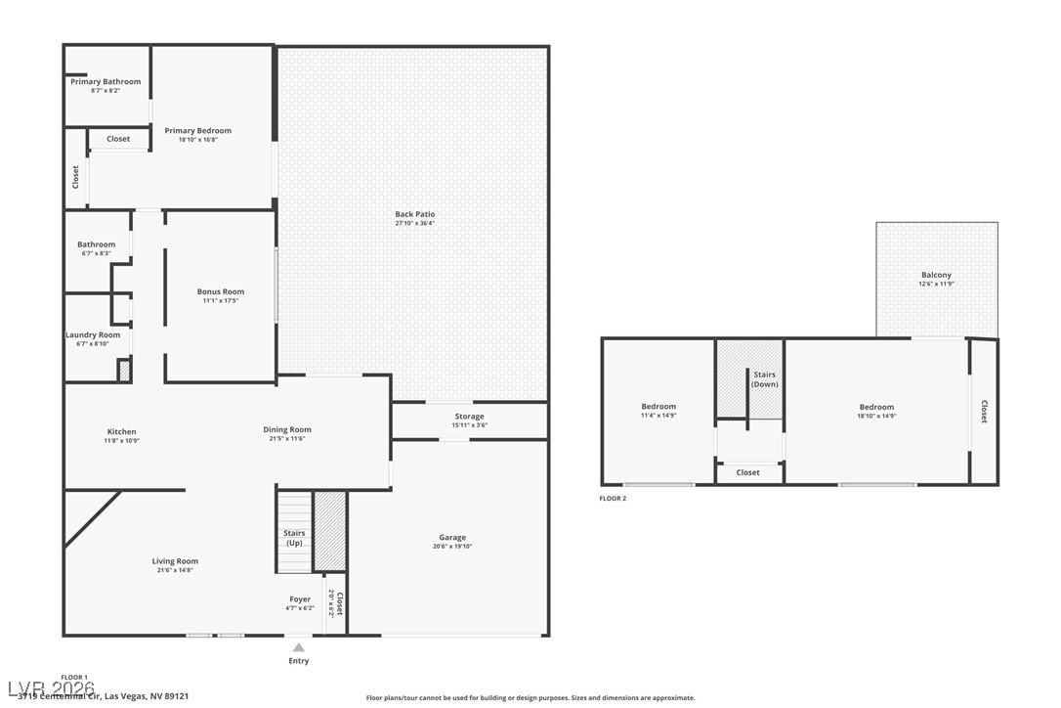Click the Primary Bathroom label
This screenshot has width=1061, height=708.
[x=106, y=82]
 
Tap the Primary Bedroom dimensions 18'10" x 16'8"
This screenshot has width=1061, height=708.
[x=197, y=140]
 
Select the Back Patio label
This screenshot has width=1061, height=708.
[x=415, y=214]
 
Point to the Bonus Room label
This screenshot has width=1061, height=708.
[x=221, y=291]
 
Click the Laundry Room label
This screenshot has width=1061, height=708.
[x=93, y=334]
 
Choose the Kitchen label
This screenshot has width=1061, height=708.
[x=122, y=431]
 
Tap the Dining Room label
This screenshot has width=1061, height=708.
[x=287, y=429]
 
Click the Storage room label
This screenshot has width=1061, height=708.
[x=469, y=417]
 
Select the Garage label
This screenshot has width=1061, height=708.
[x=452, y=537]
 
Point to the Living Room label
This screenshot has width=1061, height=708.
[x=175, y=561]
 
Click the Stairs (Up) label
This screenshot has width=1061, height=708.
[x=294, y=538]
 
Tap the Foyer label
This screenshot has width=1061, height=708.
[x=300, y=599]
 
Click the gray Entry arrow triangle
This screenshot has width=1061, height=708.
[x=299, y=646]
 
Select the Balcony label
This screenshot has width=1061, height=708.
[x=936, y=275]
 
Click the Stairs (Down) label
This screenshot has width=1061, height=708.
[x=764, y=379]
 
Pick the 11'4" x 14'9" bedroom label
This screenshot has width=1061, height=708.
[x=658, y=407]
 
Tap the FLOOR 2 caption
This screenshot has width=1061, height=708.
[x=613, y=499]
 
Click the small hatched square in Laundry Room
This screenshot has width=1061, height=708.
[x=124, y=371]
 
